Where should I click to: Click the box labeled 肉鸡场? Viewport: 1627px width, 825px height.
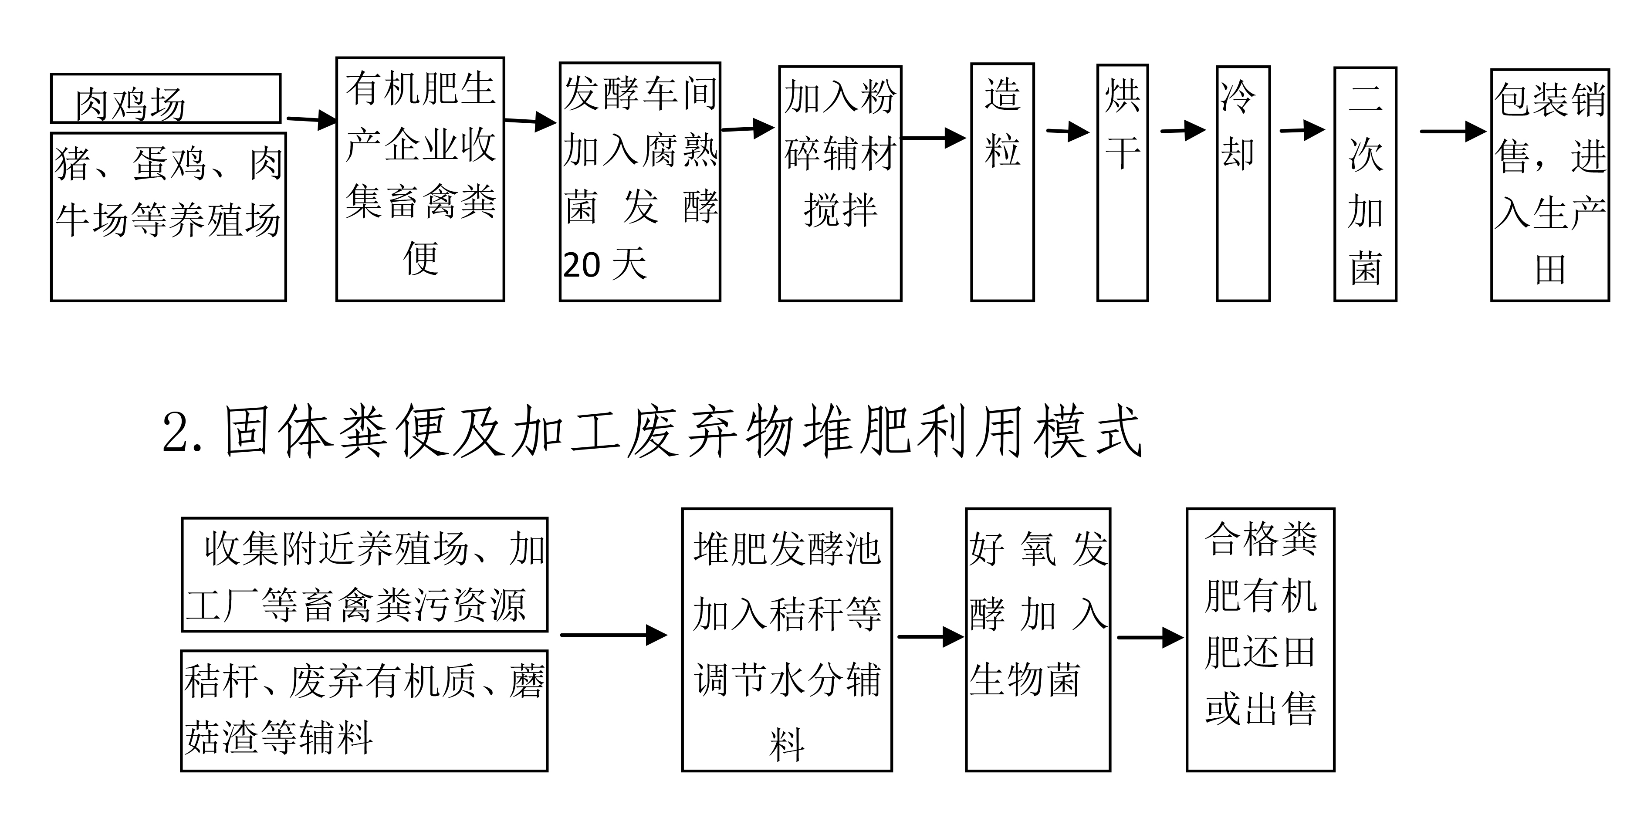point(166,98)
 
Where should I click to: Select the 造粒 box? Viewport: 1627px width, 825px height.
point(1002,182)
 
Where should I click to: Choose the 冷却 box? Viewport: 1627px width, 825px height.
point(1242,183)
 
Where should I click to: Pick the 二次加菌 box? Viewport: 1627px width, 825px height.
point(1365,184)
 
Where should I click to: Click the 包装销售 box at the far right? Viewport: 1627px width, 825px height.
point(1549,184)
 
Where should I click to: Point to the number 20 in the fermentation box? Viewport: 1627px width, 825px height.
point(581,265)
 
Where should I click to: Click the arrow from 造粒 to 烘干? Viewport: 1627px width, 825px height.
point(1067,132)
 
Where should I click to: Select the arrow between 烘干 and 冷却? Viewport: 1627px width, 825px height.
point(1182,131)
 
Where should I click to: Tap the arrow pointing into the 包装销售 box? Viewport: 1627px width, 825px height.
point(1453,132)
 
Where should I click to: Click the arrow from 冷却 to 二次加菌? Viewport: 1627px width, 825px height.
point(1302,131)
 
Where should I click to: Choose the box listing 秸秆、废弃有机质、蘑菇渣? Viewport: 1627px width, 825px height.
point(365,711)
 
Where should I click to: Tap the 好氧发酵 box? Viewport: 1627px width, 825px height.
point(1038,639)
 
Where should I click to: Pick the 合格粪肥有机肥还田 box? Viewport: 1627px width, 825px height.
point(1260,639)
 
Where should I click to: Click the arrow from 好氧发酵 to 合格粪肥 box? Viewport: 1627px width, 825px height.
point(1150,637)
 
